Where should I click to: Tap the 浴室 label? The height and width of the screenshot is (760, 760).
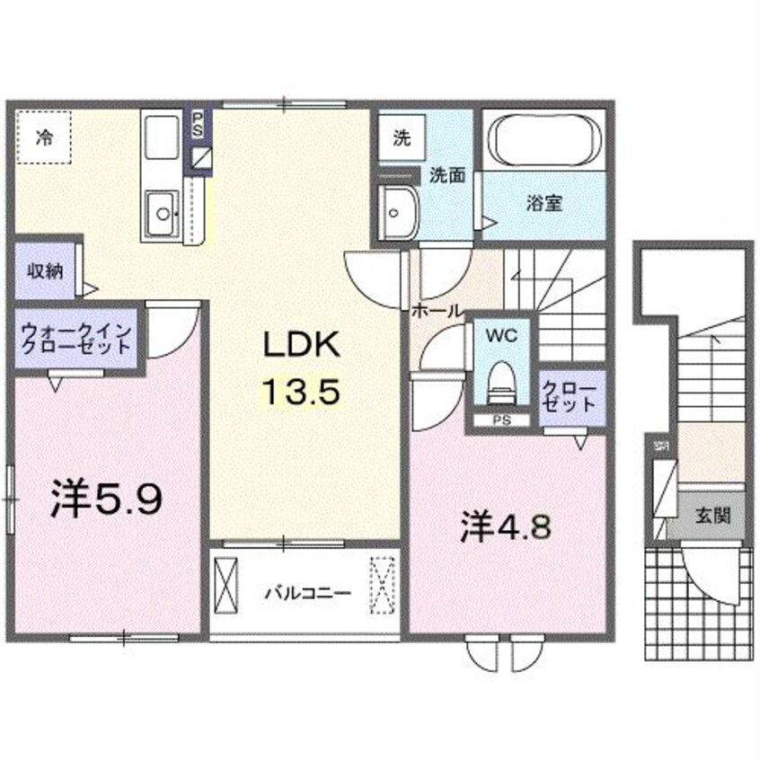tap(543, 203)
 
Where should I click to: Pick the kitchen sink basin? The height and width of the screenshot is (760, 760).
tap(163, 213)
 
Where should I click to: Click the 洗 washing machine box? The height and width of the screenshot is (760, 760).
tap(400, 138)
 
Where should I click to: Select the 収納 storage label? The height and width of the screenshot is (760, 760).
tap(43, 270)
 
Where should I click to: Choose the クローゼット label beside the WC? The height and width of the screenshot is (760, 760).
tap(568, 396)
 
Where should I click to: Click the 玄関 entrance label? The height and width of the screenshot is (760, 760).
tap(711, 516)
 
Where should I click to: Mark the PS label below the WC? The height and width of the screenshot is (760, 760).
tap(499, 420)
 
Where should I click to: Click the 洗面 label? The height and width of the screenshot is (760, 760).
tap(446, 176)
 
